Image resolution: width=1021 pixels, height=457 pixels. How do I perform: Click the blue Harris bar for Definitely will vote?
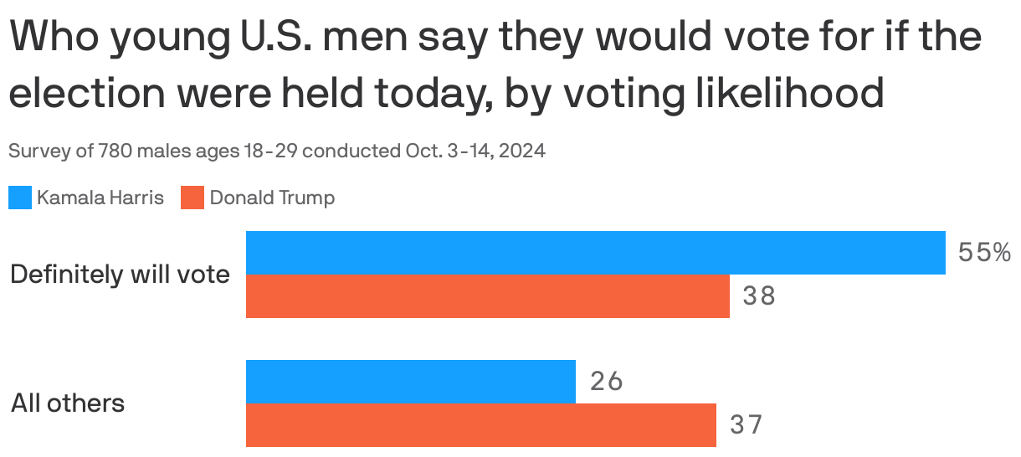pos(595,253)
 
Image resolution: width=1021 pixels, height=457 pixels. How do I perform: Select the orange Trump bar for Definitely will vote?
pos(487,296)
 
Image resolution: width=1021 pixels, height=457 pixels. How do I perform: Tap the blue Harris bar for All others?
pos(410,382)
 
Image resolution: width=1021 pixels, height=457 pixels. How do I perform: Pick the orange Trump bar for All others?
pos(480,425)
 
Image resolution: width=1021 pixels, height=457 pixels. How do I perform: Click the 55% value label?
pos(984,253)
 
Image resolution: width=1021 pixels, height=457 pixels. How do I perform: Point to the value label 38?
pos(759,296)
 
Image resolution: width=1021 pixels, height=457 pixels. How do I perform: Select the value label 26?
pos(607,382)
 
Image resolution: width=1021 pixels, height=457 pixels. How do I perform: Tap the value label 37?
pos(747,425)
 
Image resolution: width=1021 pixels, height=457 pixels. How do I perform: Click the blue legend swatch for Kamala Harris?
pos(20,198)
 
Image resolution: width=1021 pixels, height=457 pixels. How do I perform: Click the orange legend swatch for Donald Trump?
pos(192,198)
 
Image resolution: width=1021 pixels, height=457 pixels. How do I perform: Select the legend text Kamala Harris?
pos(100,198)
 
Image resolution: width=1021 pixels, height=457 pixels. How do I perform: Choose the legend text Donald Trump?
pos(272,198)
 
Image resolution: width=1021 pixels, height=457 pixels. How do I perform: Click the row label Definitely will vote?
pos(120,275)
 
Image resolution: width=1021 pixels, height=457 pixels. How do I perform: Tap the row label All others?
pos(68,403)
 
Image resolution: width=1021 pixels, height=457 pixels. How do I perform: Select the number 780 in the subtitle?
pos(113,151)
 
